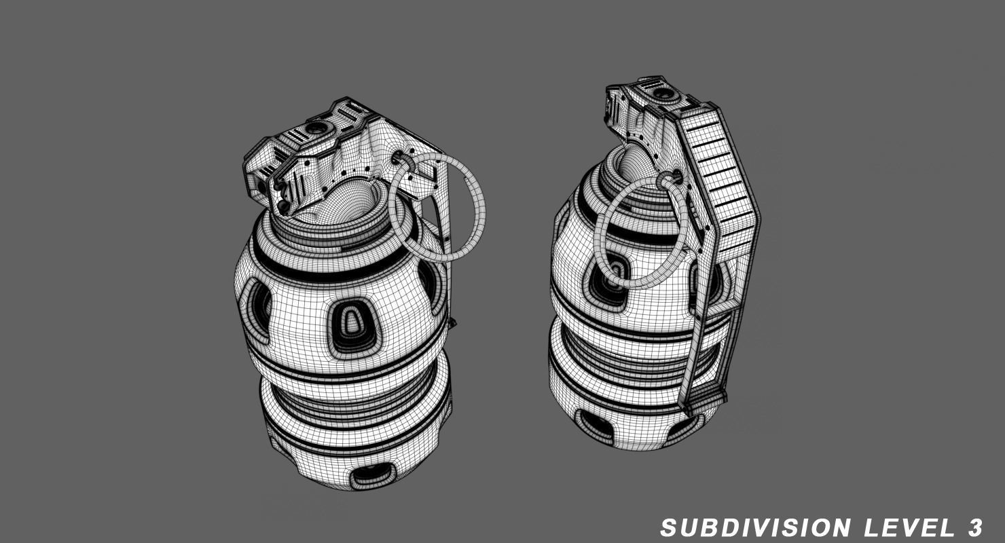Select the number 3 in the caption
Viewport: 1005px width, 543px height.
pyautogui.click(x=975, y=527)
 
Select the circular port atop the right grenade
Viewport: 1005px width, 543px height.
pyautogui.click(x=662, y=92)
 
